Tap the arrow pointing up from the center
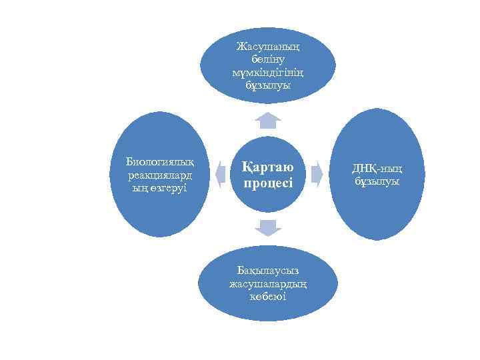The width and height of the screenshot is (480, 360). (x=267, y=120)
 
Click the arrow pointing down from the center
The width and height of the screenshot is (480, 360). (x=267, y=227)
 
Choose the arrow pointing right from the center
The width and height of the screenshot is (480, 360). (x=317, y=174)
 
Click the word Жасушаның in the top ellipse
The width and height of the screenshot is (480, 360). (x=267, y=47)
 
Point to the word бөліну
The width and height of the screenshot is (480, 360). (x=267, y=60)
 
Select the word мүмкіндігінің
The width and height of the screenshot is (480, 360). (x=267, y=73)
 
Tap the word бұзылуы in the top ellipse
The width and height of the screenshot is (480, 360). (x=267, y=86)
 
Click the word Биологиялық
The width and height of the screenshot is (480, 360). (x=159, y=161)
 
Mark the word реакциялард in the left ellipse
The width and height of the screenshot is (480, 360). (x=159, y=175)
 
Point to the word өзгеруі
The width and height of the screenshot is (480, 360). (x=167, y=188)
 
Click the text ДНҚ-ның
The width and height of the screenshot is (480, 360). (x=377, y=168)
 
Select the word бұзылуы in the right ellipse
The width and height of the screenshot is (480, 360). (x=377, y=181)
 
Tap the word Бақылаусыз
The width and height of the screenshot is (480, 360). (x=267, y=270)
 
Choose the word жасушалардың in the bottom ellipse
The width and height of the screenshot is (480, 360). (x=267, y=283)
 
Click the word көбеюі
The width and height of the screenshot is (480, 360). (x=267, y=297)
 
